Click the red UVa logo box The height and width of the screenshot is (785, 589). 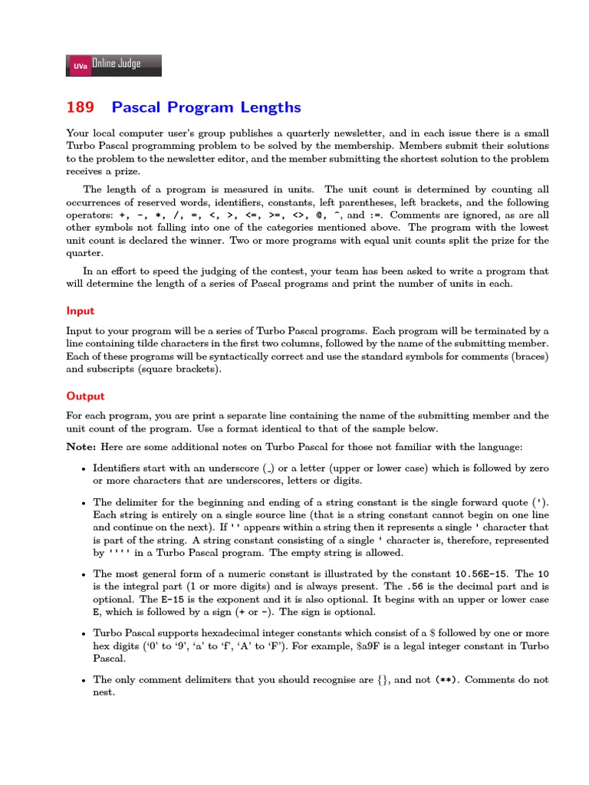[79, 67]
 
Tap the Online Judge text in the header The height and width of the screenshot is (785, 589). [117, 64]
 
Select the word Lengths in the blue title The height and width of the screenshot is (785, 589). [269, 107]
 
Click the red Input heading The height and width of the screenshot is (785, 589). [81, 311]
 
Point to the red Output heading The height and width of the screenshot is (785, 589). [85, 396]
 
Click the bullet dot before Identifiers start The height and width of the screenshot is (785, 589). [83, 468]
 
